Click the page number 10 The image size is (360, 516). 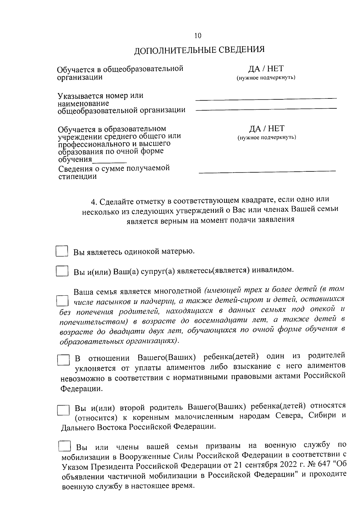pos(198,36)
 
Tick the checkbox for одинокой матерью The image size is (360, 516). pos(62,251)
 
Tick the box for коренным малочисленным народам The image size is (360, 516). pos(63,410)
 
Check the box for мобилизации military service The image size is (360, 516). pos(64,446)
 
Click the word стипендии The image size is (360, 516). pos(77,177)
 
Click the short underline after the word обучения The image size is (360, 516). pos(109,162)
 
